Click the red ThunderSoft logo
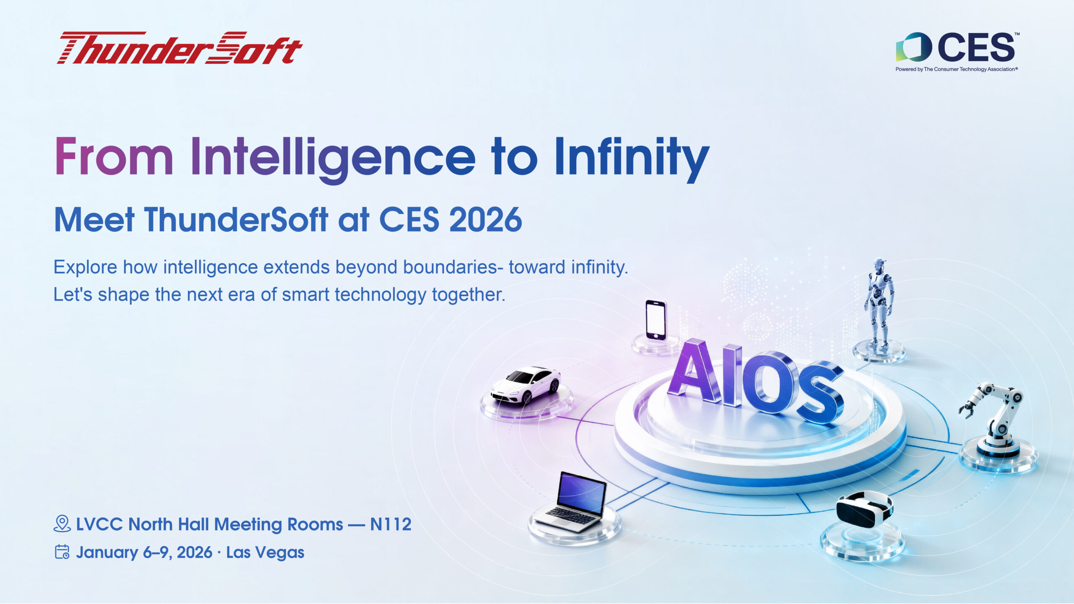tap(180, 48)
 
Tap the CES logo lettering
tap(976, 47)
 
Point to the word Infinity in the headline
tap(631, 157)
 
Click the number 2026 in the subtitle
tap(485, 220)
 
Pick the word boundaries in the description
tap(450, 267)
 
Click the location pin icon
tap(62, 524)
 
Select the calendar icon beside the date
tap(62, 552)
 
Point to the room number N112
tap(391, 524)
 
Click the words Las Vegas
tap(265, 552)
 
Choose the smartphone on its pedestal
tap(656, 320)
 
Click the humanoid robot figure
tap(879, 302)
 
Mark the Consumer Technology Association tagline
tap(957, 69)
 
